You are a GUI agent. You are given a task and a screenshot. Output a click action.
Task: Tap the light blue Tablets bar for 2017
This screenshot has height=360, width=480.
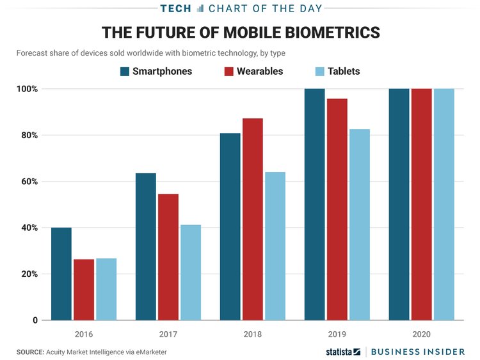tap(191, 272)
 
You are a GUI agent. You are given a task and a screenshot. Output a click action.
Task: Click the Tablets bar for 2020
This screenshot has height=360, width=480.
tap(444, 205)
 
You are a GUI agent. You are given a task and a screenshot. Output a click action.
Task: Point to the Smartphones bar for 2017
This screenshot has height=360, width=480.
tap(146, 247)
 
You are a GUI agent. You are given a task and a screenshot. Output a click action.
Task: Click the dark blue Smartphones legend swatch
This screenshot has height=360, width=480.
tap(125, 71)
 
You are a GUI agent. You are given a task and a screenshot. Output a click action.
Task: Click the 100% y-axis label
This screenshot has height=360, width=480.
tap(27, 89)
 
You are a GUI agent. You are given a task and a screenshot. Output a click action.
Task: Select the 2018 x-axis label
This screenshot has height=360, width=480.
tap(252, 334)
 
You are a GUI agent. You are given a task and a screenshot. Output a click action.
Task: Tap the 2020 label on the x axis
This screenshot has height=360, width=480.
tap(421, 334)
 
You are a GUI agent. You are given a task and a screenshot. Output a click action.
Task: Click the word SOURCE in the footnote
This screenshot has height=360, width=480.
tap(30, 352)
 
